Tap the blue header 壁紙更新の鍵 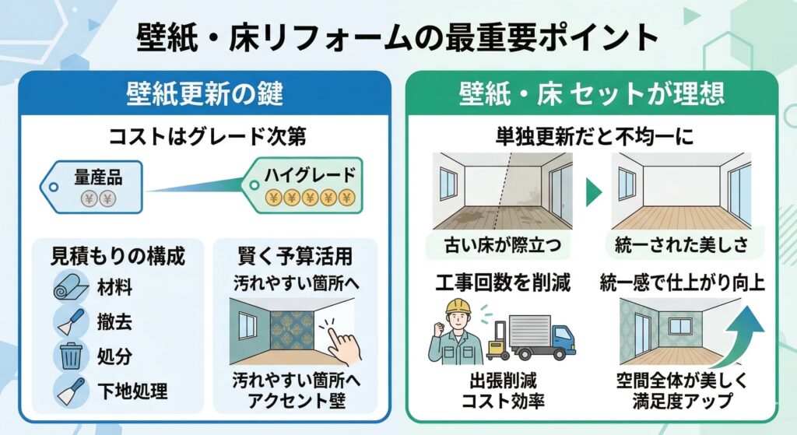(x=204, y=94)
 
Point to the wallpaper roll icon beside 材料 (x=71, y=288)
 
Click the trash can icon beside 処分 (x=72, y=356)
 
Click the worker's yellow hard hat (x=458, y=306)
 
